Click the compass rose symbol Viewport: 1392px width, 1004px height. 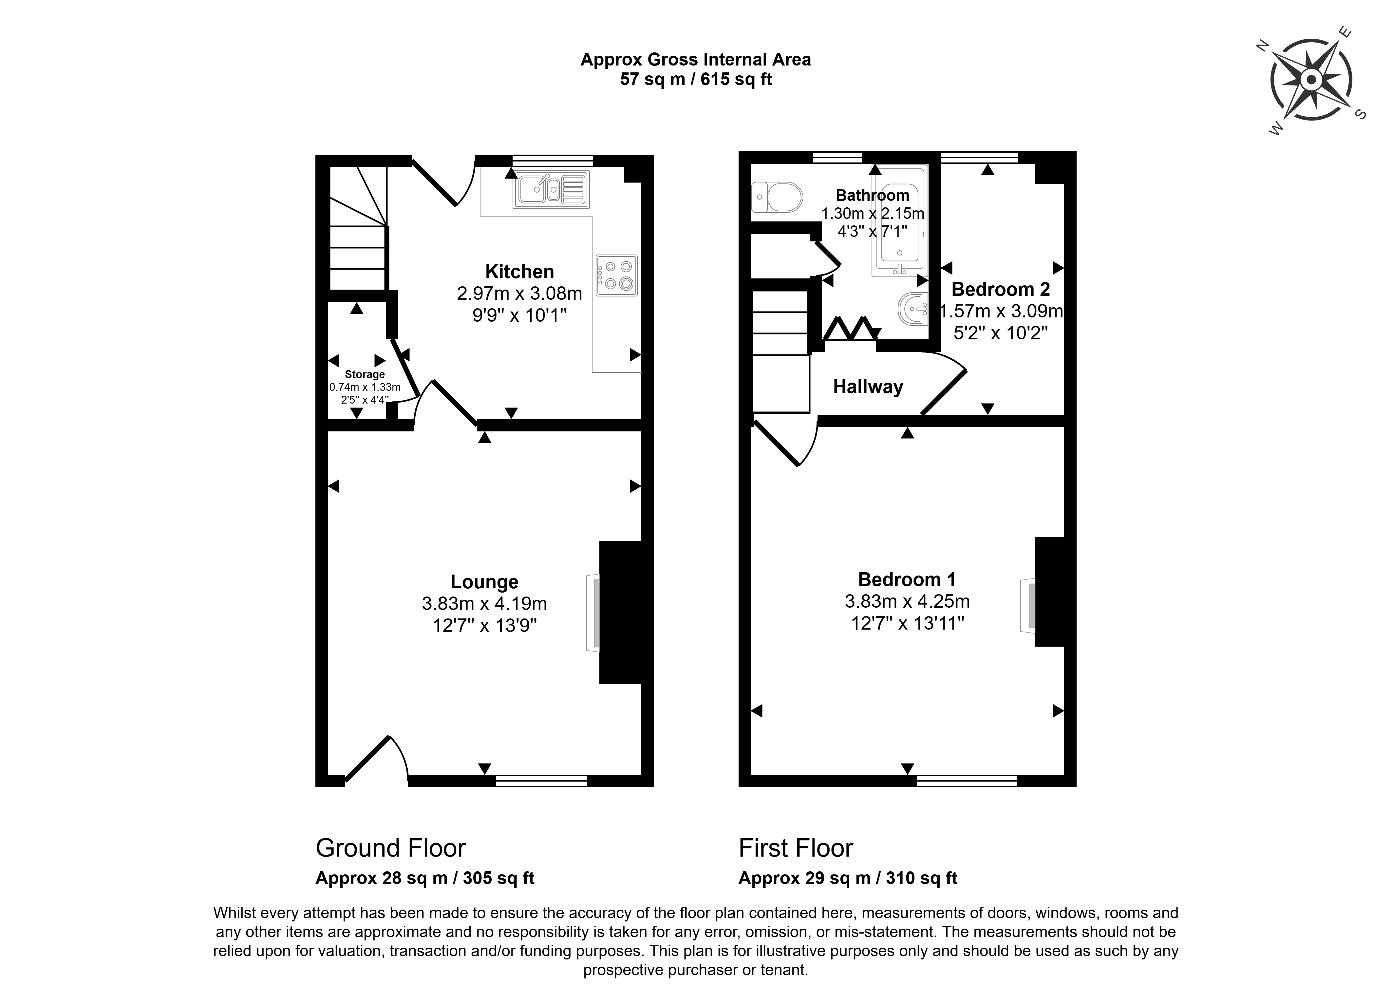(1311, 80)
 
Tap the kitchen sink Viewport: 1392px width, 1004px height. (551, 189)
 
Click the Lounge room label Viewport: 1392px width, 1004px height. (484, 581)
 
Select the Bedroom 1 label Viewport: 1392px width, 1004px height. (907, 579)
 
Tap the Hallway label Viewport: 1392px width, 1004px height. (868, 387)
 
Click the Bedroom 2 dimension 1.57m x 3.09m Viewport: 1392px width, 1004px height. (1001, 311)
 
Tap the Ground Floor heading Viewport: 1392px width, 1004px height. (390, 848)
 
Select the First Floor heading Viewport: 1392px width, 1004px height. (796, 848)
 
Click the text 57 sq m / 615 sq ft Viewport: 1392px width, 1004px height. (695, 79)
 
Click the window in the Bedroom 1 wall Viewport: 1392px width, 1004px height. (967, 780)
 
